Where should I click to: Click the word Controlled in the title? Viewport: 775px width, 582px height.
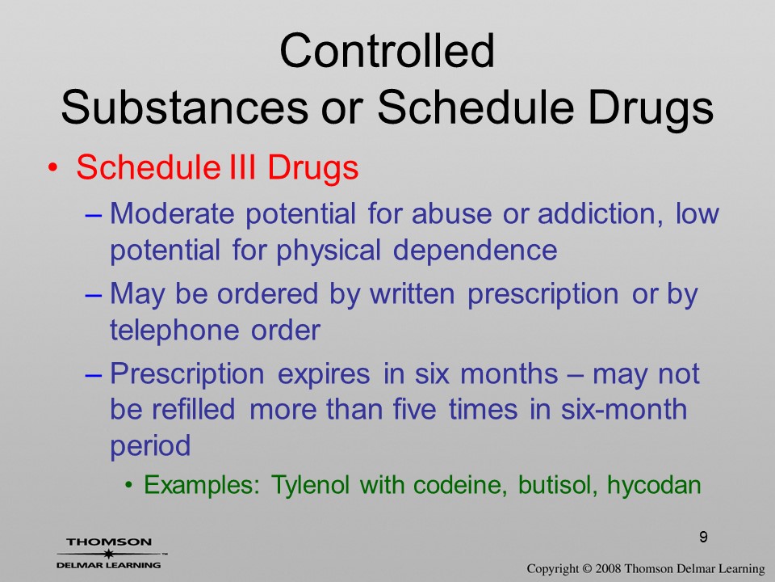(387, 50)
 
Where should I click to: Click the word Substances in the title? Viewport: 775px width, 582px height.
(184, 108)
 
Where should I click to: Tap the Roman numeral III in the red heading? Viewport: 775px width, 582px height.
(243, 167)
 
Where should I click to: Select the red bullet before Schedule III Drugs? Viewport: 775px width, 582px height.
(52, 169)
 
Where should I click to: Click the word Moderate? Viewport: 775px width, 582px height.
(172, 213)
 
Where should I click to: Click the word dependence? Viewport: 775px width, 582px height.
(475, 250)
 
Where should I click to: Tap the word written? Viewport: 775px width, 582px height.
(413, 293)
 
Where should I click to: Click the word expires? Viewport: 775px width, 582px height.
(324, 374)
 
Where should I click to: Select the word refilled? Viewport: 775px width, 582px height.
(193, 409)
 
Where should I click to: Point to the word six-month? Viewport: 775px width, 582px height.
(624, 409)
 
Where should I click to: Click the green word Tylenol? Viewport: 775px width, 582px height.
(310, 484)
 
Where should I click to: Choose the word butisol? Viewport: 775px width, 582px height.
(555, 484)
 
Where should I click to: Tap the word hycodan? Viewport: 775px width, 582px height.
(654, 485)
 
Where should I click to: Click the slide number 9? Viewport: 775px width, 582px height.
(703, 537)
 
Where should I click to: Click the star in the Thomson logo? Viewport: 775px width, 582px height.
(108, 554)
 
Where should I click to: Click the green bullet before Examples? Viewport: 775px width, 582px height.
(129, 484)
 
